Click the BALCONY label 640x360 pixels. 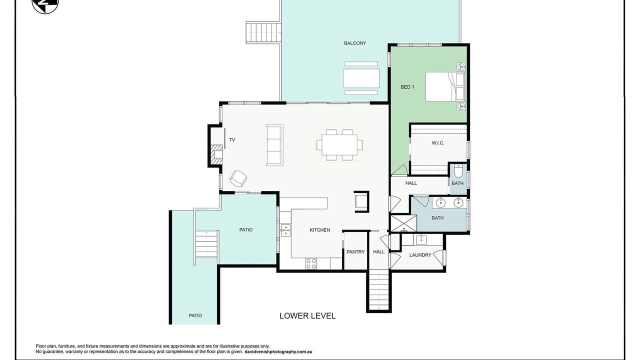[x=355, y=43]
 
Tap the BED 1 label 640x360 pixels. [x=407, y=87]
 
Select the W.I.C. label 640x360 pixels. [x=438, y=143]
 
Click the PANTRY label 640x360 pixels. [x=355, y=251]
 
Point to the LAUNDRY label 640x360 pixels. [x=420, y=255]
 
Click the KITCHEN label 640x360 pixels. [x=319, y=230]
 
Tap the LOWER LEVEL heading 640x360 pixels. [x=307, y=315]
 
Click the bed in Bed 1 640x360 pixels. [x=445, y=86]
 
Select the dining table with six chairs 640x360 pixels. [x=339, y=144]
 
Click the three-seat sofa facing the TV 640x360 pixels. [x=274, y=145]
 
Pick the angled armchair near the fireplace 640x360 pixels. [x=238, y=178]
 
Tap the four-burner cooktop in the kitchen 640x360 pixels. [x=311, y=263]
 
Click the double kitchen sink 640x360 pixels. [x=285, y=230]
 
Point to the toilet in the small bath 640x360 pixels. [x=457, y=170]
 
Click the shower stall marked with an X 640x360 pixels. [x=403, y=223]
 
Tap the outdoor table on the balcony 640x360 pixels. [x=361, y=78]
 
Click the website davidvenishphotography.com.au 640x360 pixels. [x=278, y=352]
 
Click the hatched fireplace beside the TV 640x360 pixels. [x=216, y=155]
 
